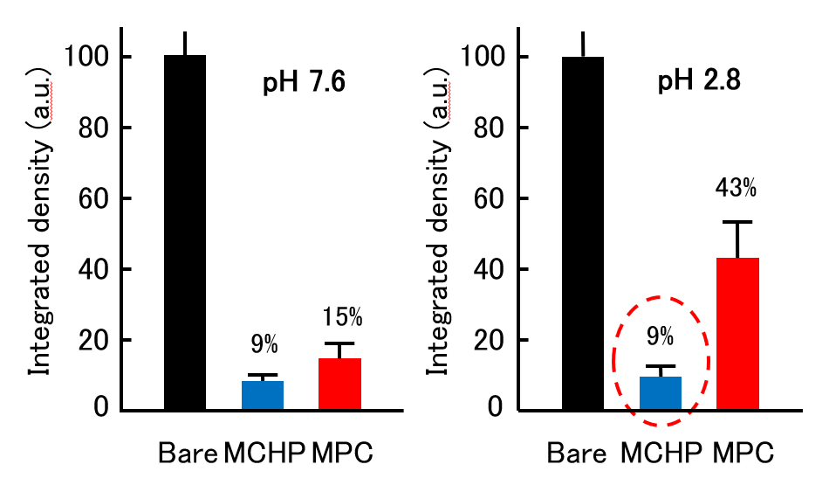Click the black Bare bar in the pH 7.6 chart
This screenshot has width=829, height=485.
coord(185,232)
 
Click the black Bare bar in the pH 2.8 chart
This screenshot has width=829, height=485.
coord(582,233)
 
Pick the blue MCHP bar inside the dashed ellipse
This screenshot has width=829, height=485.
coord(661,392)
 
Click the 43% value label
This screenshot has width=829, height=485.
coord(737,188)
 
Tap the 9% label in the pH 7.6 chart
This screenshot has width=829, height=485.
coord(263,344)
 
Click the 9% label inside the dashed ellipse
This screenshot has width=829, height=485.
coord(661,335)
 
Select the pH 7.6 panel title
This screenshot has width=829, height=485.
coord(305,85)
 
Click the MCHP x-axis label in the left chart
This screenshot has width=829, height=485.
coord(265,454)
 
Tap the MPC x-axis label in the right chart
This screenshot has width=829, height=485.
coord(743,454)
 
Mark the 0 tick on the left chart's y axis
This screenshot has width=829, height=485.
coord(100,410)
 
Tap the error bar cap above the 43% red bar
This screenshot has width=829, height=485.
coord(737,222)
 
